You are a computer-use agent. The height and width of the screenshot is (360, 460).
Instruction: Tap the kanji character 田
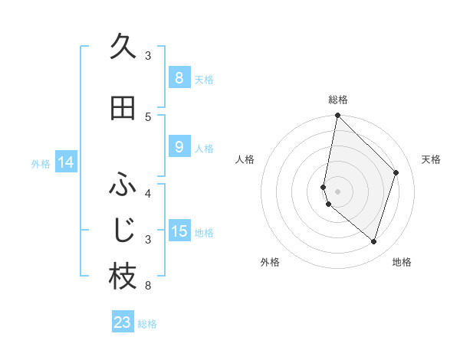coord(123,108)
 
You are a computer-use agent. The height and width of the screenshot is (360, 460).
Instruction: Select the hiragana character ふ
coord(123,185)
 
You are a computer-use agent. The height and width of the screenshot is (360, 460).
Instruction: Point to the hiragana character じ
coord(123,230)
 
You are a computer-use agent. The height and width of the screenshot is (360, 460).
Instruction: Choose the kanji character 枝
coord(123,277)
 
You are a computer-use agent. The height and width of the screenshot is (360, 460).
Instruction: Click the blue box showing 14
coord(66,162)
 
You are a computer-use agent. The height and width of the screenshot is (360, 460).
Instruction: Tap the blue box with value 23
coord(123,322)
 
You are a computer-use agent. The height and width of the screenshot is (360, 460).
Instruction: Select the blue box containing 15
coord(179,231)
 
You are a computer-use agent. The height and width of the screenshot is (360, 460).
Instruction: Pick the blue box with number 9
coord(179,147)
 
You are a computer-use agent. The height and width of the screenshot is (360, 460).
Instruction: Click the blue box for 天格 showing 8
coord(179,77)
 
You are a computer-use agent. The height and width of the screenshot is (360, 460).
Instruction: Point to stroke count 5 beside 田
coord(148,116)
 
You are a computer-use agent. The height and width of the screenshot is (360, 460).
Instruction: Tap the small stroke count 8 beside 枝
coord(148,286)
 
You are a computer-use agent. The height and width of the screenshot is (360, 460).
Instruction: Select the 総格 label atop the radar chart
coord(338,100)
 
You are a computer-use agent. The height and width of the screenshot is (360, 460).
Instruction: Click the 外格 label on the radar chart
coord(270,262)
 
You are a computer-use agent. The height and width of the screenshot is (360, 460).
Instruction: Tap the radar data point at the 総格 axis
coord(338,116)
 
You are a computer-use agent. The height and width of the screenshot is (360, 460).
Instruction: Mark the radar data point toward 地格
coord(374,242)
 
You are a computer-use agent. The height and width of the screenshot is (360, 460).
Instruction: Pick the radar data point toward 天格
coord(396,172)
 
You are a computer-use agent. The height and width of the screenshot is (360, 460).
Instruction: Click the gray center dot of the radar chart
coord(338,191)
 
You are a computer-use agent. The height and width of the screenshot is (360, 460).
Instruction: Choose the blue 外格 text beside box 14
coord(41,163)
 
